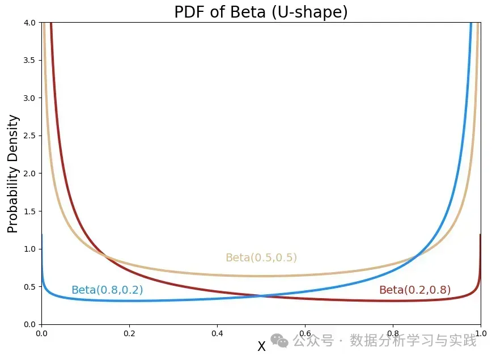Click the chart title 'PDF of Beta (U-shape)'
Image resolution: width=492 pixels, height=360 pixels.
tap(261, 12)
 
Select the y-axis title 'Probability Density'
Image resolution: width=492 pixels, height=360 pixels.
tap(13, 173)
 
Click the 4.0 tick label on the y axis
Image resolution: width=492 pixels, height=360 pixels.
tap(29, 23)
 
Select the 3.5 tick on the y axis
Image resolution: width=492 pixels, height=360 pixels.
tap(29, 61)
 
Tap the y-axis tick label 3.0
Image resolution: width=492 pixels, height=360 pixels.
tap(29, 98)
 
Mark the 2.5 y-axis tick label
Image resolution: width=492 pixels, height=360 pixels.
tap(29, 136)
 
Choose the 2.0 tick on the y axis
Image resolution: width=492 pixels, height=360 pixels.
tap(29, 173)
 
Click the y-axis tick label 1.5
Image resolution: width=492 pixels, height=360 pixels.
tap(29, 211)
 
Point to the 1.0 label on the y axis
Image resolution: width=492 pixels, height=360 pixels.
tap(29, 249)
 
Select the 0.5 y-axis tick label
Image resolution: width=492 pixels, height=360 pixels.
tap(29, 287)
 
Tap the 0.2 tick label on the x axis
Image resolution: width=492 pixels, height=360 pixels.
tap(129, 333)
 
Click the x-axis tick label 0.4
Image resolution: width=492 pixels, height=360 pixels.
tap(217, 333)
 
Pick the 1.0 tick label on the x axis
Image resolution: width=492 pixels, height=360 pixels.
tap(480, 333)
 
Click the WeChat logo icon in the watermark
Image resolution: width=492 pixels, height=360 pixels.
tap(279, 340)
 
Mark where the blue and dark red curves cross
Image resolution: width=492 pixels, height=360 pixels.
tap(261, 295)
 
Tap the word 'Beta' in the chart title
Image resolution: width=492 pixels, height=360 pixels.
tap(246, 12)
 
